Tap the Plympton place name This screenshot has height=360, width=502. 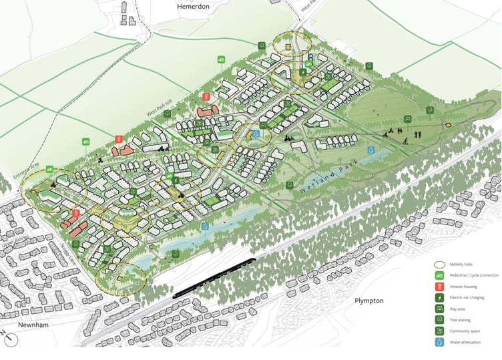coord(369,301)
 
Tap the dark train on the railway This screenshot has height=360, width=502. coord(214,277)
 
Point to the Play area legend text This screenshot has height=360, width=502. coord(463,309)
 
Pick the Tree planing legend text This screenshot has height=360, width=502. coord(466,319)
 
